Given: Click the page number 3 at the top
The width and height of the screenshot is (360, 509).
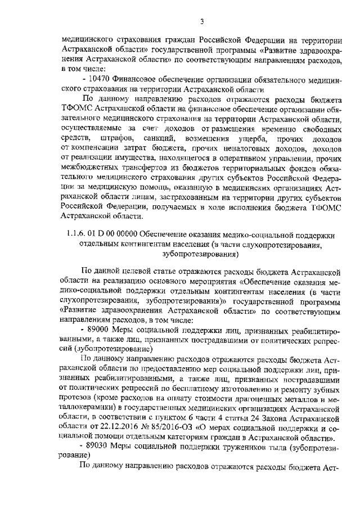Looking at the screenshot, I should [x=200, y=22].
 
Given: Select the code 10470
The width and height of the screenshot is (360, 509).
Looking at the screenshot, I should [x=98, y=80].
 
